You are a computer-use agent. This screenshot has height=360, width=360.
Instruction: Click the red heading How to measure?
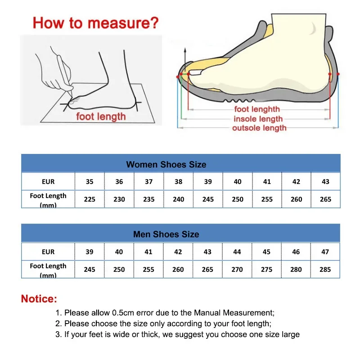pyautogui.click(x=96, y=23)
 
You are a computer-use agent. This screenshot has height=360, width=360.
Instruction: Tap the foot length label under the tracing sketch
pyautogui.click(x=101, y=117)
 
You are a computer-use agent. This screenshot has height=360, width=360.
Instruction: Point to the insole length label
pyautogui.click(x=258, y=119)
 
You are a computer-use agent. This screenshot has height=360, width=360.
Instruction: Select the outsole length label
pyautogui.click(x=259, y=128)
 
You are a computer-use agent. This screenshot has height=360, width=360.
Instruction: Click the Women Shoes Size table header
pyautogui.click(x=166, y=164)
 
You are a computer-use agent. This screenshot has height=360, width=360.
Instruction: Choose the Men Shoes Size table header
pyautogui.click(x=166, y=234)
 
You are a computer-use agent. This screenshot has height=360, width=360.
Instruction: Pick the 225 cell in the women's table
pyautogui.click(x=90, y=199)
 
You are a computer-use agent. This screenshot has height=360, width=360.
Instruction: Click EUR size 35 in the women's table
pyautogui.click(x=90, y=182)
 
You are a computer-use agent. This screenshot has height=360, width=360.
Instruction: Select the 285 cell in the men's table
pyautogui.click(x=325, y=270)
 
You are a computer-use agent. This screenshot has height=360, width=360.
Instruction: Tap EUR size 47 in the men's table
pyautogui.click(x=325, y=252)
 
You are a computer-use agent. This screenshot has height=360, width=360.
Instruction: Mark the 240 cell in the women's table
pyautogui.click(x=178, y=199)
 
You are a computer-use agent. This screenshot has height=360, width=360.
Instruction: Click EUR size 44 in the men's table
pyautogui.click(x=237, y=252)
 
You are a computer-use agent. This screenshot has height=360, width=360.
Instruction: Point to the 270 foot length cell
pyautogui.click(x=237, y=270)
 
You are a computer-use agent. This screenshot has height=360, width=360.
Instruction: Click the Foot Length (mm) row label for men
pyautogui.click(x=48, y=269)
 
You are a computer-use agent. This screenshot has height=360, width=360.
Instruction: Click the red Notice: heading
pyautogui.click(x=39, y=299)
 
